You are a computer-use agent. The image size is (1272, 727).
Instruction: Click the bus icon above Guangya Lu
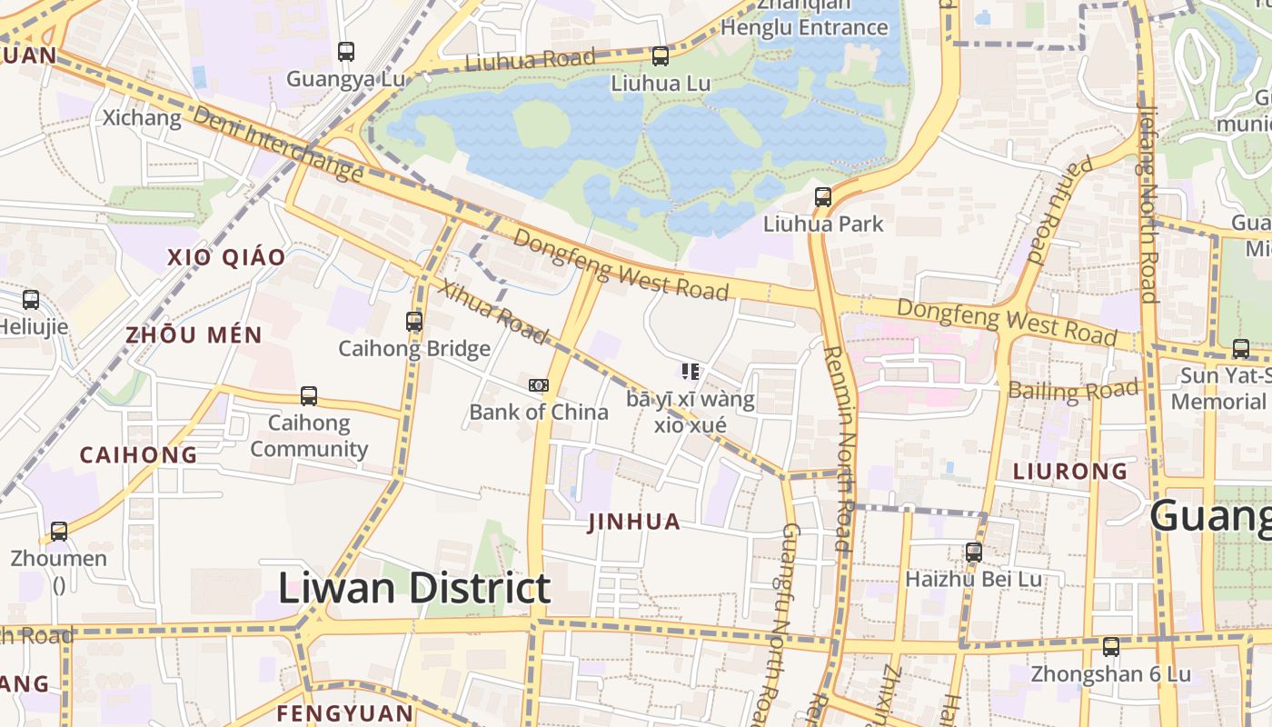pos(345,52)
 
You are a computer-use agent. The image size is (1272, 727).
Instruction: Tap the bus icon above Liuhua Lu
pos(661,56)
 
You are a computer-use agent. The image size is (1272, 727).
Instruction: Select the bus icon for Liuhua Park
pos(823,196)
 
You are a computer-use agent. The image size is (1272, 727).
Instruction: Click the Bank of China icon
pos(539,385)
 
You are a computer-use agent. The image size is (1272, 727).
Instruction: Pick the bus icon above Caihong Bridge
pos(414,321)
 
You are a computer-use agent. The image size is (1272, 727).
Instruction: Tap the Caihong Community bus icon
pos(309,396)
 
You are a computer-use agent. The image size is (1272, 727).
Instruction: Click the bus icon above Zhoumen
pos(59,531)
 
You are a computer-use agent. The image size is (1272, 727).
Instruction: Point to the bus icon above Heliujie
pos(31,299)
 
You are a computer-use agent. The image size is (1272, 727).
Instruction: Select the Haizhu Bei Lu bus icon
pos(974,552)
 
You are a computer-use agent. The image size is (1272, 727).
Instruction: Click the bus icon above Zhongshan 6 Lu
pos(1111,647)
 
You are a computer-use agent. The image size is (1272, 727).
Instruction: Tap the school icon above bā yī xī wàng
pos(691,372)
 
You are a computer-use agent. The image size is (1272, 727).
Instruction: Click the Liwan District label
pos(413,588)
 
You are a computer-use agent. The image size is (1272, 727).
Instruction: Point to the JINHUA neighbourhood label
pos(634,522)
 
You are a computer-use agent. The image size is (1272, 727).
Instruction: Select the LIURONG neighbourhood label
pos(1070,471)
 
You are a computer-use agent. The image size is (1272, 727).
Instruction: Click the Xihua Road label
pos(495,313)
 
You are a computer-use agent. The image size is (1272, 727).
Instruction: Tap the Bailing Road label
pos(1073,392)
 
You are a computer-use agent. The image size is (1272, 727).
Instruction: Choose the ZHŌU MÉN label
pos(194,335)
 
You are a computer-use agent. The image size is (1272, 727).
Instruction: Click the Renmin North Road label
pos(838,450)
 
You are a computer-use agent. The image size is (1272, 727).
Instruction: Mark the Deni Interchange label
pos(278,144)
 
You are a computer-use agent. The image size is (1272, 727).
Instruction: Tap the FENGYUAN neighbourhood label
pos(344,712)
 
